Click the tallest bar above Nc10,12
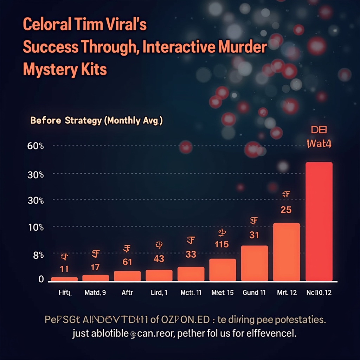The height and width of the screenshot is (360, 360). click(x=319, y=221)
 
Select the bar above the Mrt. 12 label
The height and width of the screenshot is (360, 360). click(x=287, y=252)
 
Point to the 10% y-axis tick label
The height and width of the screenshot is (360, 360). click(x=35, y=227)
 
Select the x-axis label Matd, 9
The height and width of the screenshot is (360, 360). click(x=95, y=292)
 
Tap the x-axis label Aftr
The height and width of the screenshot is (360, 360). click(x=127, y=292)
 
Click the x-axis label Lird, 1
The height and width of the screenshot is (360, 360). click(x=159, y=292)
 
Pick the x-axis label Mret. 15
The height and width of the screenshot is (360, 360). click(x=223, y=292)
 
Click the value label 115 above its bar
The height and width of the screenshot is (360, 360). click(x=221, y=244)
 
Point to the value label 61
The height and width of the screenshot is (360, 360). click(x=127, y=262)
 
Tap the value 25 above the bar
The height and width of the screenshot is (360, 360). click(x=286, y=210)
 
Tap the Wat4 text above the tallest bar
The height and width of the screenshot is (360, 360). click(x=319, y=143)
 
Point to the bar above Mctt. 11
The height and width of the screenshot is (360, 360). click(x=191, y=274)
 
